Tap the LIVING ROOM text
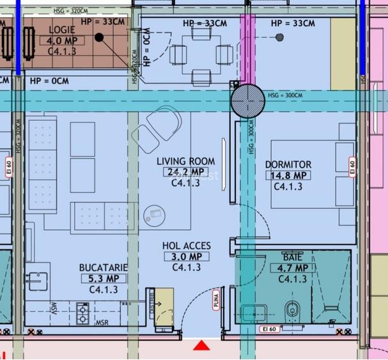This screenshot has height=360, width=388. pos(186,161)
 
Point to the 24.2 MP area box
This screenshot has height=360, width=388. pos(185,172)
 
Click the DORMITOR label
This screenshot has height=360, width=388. pos(288,164)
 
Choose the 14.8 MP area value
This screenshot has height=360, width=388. pos(288,175)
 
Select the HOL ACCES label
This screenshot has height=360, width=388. pos(186,246)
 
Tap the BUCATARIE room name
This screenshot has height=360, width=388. pos(104,267)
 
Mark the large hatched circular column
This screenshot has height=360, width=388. pos(247,100)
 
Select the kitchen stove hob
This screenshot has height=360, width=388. pos(82,313)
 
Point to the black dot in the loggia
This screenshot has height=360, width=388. pos(100,37)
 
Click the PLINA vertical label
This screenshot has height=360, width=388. pos(217,299)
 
